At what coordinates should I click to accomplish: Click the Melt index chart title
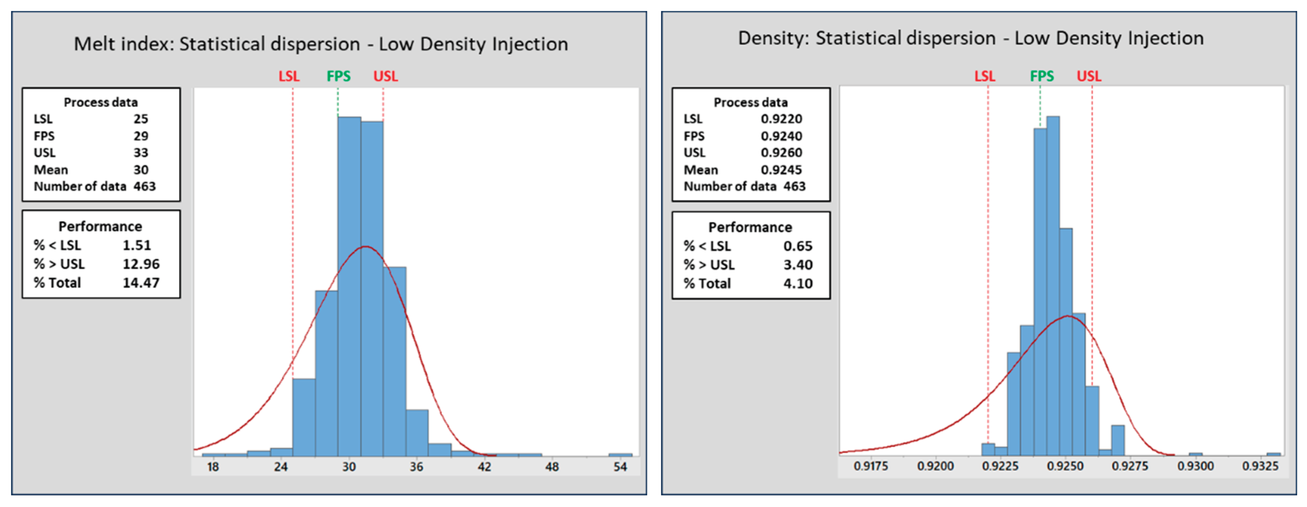[x=321, y=44]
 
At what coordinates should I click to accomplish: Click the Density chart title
[x=971, y=38]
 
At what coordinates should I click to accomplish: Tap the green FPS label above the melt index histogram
[x=338, y=76]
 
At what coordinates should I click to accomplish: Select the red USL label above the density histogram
[x=1089, y=76]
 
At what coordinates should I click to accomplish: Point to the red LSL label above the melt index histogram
[x=289, y=76]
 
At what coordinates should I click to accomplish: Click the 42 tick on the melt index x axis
[x=484, y=466]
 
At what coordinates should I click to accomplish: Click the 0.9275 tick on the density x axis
[x=1130, y=466]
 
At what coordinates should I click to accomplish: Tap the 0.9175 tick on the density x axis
[x=871, y=466]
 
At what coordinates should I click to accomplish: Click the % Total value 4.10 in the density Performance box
[x=798, y=284]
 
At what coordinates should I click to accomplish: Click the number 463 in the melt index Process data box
[x=144, y=186]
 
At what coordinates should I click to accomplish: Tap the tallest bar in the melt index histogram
[x=349, y=284]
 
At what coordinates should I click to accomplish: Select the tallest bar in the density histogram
[x=1053, y=284]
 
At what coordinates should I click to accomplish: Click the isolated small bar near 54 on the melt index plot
[x=620, y=454]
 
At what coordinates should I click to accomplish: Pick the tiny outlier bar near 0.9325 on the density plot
[x=1273, y=454]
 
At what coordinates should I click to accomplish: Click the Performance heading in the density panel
[x=750, y=227]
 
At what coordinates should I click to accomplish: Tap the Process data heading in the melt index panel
[x=100, y=103]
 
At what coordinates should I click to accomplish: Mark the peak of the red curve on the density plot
[x=1068, y=316]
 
